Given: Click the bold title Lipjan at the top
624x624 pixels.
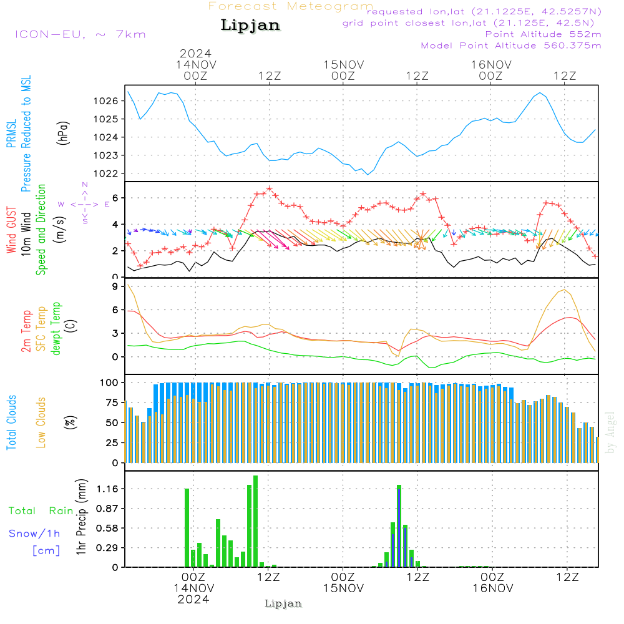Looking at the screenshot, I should [x=250, y=25].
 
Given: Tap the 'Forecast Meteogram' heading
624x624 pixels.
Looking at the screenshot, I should [x=291, y=7].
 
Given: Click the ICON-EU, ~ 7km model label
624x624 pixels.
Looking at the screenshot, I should [x=80, y=34].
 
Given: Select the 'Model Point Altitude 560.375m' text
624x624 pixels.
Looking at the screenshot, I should [x=510, y=46].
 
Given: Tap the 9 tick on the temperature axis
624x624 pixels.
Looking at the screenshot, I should [x=115, y=286].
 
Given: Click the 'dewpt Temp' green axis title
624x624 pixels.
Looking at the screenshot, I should [x=57, y=329].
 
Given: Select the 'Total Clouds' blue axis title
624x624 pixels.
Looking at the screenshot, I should [x=12, y=422].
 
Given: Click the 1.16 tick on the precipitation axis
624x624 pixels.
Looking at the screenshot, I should [x=107, y=489].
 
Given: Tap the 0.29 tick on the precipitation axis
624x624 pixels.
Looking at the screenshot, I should [x=107, y=548].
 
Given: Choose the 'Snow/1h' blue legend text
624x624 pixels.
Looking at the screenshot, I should [x=34, y=534].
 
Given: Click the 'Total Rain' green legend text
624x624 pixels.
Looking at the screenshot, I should [x=41, y=511].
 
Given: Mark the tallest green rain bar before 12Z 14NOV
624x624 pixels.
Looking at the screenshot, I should [x=255, y=521].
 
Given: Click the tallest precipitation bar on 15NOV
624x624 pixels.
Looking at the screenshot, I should [x=399, y=525].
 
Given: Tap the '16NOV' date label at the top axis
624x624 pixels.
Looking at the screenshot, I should [x=491, y=64].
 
